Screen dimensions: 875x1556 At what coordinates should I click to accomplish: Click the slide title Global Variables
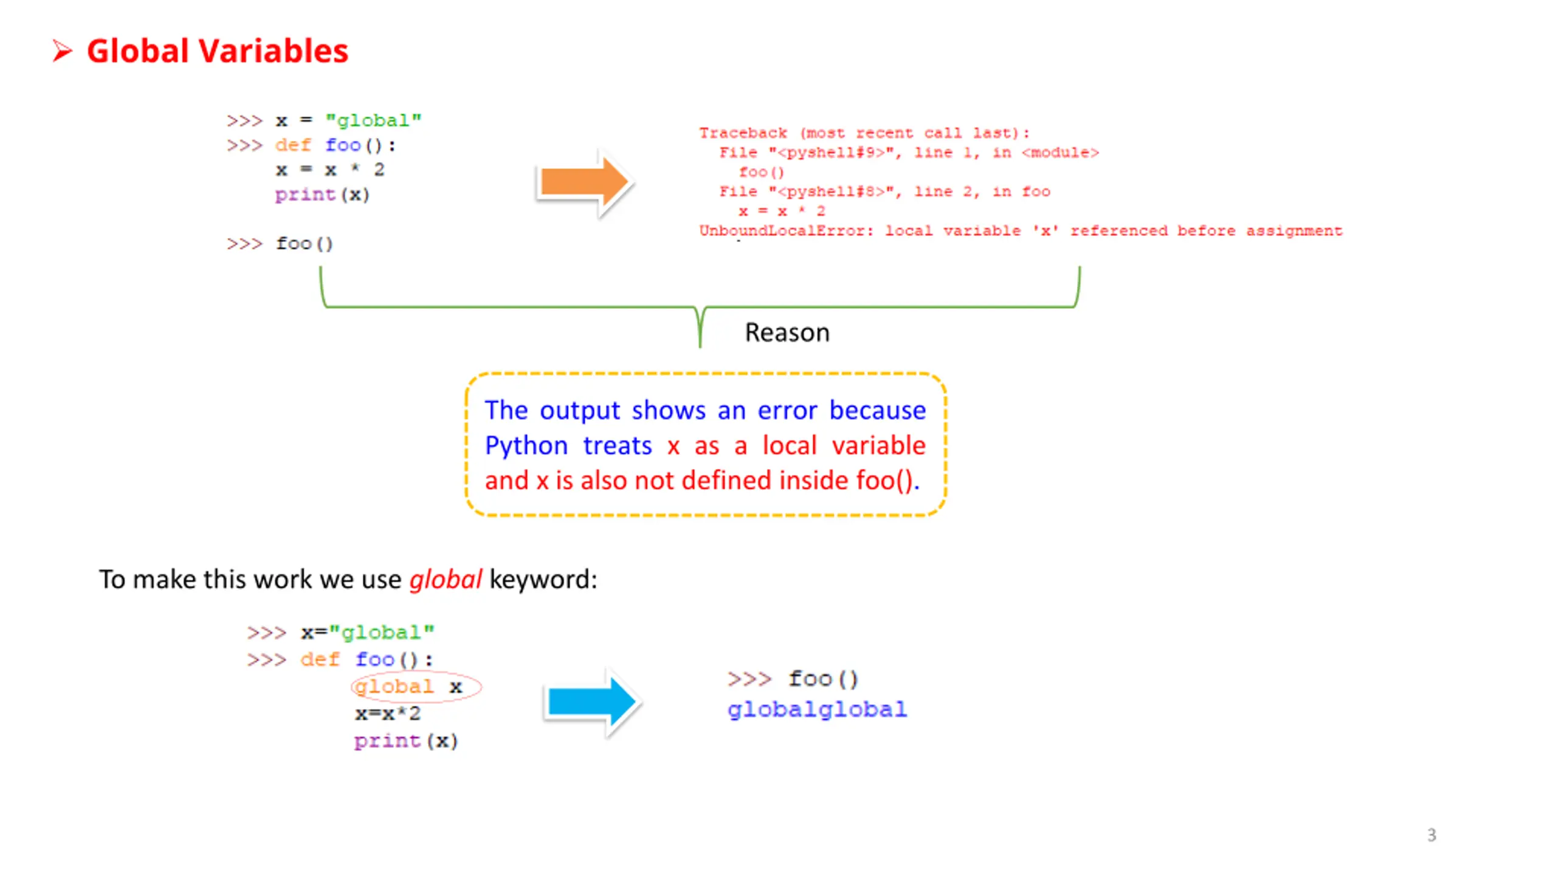pyautogui.click(x=217, y=51)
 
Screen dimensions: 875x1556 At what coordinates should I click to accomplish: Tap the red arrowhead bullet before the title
pyautogui.click(x=62, y=51)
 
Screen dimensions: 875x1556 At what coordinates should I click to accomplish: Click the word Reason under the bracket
pyautogui.click(x=787, y=333)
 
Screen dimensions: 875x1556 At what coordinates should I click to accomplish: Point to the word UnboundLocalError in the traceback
pyautogui.click(x=785, y=231)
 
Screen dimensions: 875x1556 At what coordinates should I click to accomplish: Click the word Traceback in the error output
pyautogui.click(x=742, y=133)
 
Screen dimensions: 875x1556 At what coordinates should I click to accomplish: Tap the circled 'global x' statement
pyautogui.click(x=416, y=687)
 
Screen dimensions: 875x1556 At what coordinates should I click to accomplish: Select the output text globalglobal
pyautogui.click(x=817, y=710)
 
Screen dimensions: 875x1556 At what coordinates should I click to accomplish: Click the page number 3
pyautogui.click(x=1431, y=835)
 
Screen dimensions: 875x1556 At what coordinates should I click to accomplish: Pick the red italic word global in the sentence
pyautogui.click(x=446, y=580)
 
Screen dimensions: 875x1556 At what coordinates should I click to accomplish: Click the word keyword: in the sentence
pyautogui.click(x=543, y=580)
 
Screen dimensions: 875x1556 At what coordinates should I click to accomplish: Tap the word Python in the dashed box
pyautogui.click(x=526, y=446)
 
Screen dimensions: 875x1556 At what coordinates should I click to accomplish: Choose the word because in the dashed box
pyautogui.click(x=877, y=411)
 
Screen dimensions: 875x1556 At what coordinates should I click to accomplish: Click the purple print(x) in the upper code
pyautogui.click(x=322, y=195)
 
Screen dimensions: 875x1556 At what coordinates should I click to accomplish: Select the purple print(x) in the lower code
pyautogui.click(x=405, y=741)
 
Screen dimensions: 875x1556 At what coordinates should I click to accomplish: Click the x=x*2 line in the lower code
pyautogui.click(x=387, y=714)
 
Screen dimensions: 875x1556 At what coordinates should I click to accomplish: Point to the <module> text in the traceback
pyautogui.click(x=1060, y=153)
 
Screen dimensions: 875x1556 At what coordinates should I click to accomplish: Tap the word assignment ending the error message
pyautogui.click(x=1293, y=231)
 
